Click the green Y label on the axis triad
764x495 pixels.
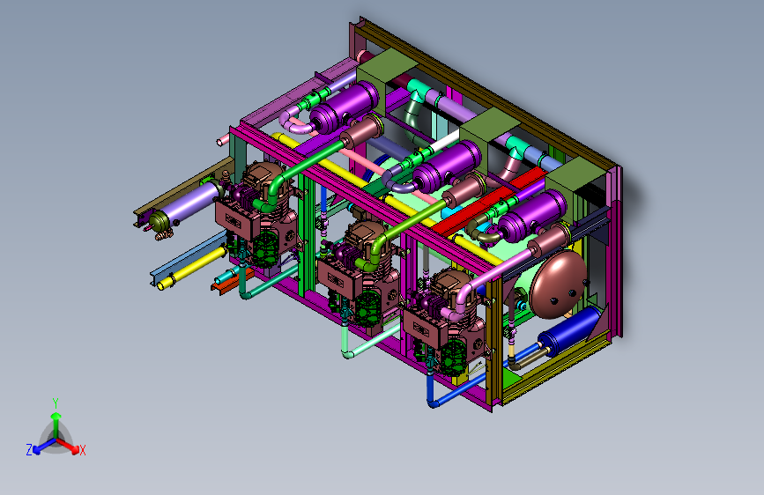(56, 403)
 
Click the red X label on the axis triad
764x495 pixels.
(82, 450)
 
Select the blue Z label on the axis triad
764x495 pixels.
(29, 450)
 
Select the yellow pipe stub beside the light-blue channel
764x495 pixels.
(192, 268)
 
